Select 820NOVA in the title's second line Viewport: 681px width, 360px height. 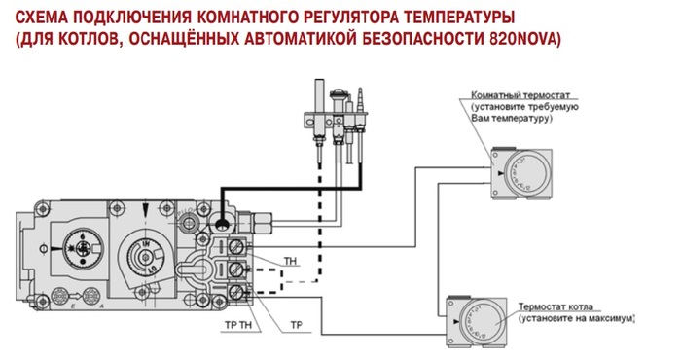[525, 39]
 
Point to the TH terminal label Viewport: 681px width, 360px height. [290, 261]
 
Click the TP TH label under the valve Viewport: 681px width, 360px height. [238, 325]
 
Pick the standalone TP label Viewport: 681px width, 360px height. [296, 325]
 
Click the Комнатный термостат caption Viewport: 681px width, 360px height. [520, 95]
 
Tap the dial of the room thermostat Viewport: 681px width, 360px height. [529, 173]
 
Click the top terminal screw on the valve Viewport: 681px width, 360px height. [236, 247]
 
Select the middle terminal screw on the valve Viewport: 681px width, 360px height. [236, 270]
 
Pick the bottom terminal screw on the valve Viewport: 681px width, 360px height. [236, 292]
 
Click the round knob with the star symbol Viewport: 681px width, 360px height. [82, 248]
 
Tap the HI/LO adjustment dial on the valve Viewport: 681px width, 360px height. [144, 258]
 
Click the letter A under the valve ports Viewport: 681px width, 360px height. [101, 306]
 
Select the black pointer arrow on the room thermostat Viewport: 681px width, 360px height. [501, 173]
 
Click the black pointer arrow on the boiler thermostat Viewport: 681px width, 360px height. [455, 322]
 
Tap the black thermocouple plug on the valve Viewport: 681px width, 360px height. [222, 224]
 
